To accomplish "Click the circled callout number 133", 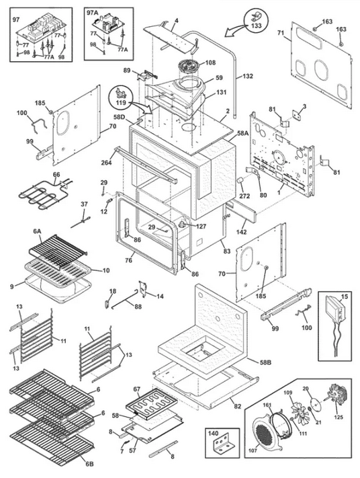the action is (257, 26).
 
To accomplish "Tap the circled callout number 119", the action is (121, 102).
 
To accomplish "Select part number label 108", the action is (210, 63).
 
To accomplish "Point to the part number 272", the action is (244, 196).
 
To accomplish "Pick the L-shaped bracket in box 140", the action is (223, 447).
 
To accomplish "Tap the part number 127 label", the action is (201, 226).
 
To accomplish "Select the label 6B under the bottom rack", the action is (89, 465).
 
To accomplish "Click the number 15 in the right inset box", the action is (344, 296).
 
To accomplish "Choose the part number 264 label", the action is (107, 162).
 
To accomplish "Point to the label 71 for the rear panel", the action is (281, 33).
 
